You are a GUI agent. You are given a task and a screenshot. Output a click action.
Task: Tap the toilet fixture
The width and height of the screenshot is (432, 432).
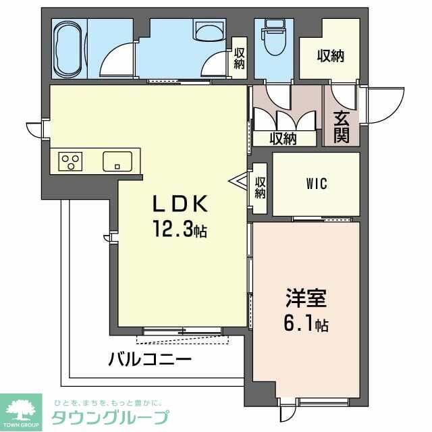275,40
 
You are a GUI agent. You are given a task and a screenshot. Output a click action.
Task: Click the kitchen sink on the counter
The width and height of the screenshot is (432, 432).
117,161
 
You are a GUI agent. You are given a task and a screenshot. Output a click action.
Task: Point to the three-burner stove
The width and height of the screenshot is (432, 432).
70,161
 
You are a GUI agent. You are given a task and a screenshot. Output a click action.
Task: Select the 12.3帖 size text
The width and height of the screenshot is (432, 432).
178,230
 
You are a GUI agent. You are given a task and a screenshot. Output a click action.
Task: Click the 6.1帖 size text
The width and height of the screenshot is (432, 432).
306,325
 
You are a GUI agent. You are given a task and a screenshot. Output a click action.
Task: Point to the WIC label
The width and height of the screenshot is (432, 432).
316,184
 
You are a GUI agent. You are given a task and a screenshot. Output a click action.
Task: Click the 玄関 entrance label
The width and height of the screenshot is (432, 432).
341,126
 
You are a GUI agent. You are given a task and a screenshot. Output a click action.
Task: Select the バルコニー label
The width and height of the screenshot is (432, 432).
150,358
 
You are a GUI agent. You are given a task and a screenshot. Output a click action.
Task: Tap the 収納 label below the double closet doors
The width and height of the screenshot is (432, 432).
283,139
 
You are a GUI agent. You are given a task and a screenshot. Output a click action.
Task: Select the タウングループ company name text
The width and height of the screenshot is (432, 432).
110,416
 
